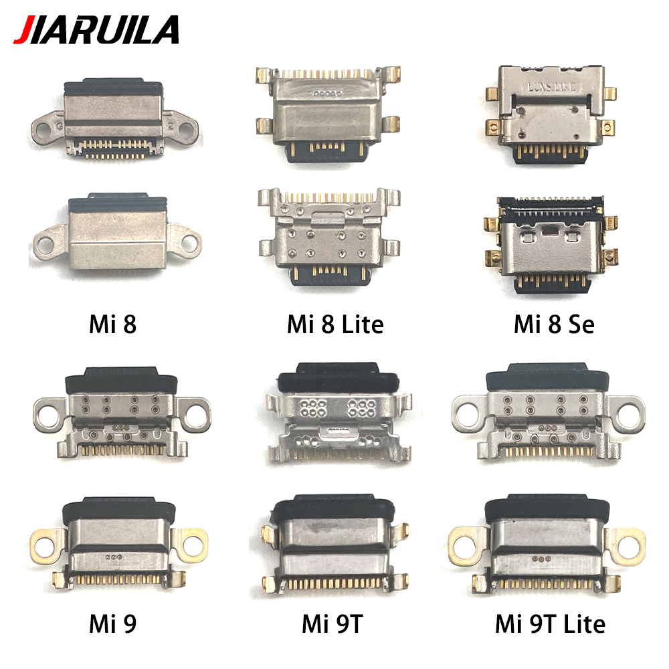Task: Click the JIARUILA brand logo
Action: point(96,29)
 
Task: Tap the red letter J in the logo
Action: point(23,30)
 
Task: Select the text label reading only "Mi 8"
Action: point(112,324)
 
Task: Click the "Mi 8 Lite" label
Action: point(335,324)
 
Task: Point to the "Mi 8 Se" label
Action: point(553,324)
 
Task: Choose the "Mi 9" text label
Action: point(112,624)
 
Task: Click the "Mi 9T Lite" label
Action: point(550,624)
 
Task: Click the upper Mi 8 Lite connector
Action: point(328,114)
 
